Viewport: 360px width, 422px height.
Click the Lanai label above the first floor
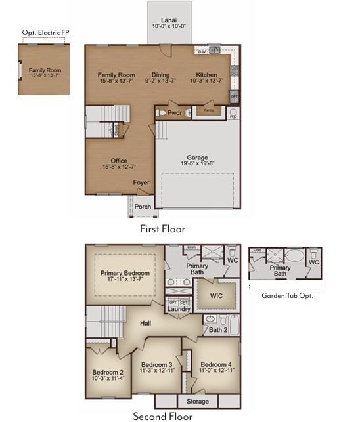pos(169,19)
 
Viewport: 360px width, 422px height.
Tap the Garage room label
pos(197,158)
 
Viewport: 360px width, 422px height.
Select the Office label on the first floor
pos(119,161)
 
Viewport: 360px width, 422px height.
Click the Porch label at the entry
pos(143,207)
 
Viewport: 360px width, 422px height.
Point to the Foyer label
pos(141,183)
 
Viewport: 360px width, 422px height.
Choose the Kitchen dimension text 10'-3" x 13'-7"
pos(207,81)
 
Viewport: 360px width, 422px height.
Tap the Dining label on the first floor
pos(160,75)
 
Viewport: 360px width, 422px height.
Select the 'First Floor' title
pos(162,229)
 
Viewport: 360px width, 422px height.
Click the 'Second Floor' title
pos(162,416)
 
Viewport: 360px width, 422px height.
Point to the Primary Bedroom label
pos(125,273)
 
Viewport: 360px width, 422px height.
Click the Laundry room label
pos(179,309)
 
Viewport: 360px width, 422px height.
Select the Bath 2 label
pos(219,330)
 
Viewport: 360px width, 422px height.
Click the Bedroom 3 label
pos(156,364)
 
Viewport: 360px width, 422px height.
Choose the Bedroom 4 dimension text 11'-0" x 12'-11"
pos(217,371)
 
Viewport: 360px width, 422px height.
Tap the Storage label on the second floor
pos(198,401)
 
